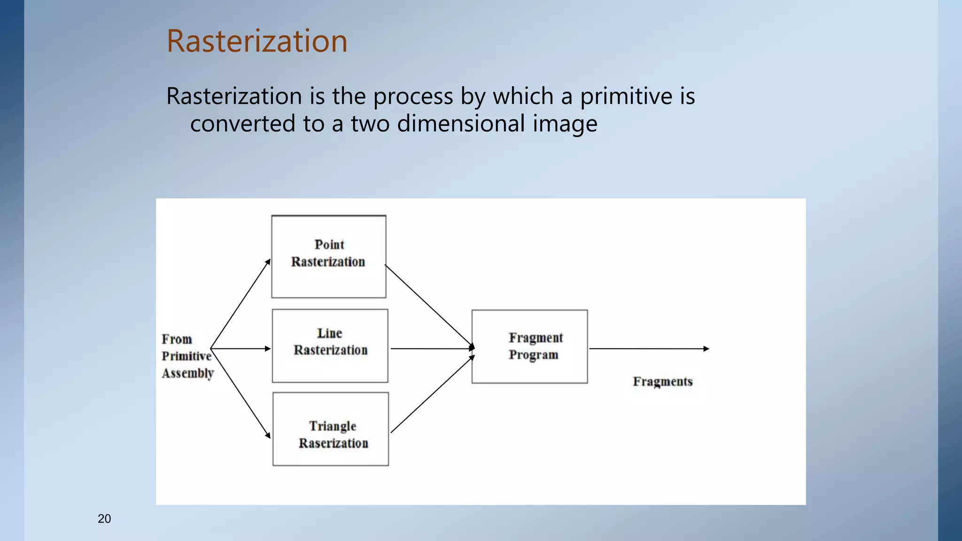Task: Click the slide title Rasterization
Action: click(x=257, y=41)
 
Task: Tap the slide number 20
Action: click(x=104, y=518)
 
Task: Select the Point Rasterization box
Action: click(x=329, y=256)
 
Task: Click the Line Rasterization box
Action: click(x=330, y=346)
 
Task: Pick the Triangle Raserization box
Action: click(x=331, y=429)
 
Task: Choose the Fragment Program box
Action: click(x=529, y=347)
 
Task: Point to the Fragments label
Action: click(x=662, y=381)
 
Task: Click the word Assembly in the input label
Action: click(x=188, y=373)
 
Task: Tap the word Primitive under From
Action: click(x=186, y=356)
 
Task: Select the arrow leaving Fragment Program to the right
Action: click(x=648, y=348)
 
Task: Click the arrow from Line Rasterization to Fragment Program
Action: click(x=432, y=348)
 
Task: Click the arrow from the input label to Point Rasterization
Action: click(x=240, y=303)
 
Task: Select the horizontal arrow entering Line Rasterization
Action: click(x=240, y=348)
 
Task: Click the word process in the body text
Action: click(x=413, y=96)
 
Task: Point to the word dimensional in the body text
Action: click(x=461, y=124)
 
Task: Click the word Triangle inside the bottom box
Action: click(x=333, y=426)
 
